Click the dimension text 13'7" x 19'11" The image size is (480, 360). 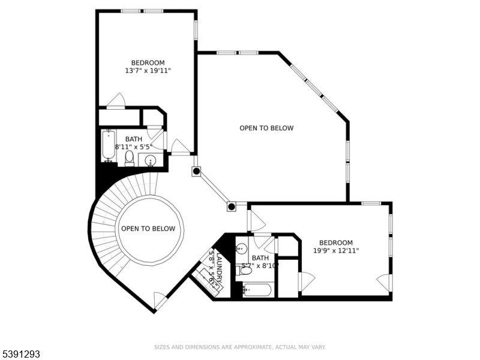click(x=148, y=71)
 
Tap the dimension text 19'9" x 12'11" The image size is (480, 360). click(x=336, y=251)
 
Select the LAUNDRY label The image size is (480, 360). click(x=220, y=267)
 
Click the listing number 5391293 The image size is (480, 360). click(x=20, y=354)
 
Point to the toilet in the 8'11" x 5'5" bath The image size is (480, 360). click(x=130, y=158)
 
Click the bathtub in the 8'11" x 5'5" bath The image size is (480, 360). click(x=109, y=146)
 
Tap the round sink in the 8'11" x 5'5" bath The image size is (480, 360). click(x=150, y=160)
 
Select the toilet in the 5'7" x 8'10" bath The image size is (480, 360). click(x=244, y=271)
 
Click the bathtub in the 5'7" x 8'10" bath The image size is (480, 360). click(x=257, y=290)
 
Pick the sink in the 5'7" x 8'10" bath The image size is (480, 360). click(x=241, y=248)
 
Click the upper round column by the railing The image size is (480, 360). click(x=197, y=171)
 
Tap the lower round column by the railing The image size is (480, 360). click(x=232, y=206)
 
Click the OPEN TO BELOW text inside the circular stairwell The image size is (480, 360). click(x=148, y=229)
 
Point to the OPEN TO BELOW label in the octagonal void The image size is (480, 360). click(x=266, y=128)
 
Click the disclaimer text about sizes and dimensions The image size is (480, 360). click(x=239, y=347)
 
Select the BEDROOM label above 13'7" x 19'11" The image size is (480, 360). click(x=148, y=63)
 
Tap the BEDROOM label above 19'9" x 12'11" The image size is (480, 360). click(x=336, y=243)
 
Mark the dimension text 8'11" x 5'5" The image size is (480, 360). click(x=133, y=147)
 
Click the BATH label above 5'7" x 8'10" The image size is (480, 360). click(x=260, y=258)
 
